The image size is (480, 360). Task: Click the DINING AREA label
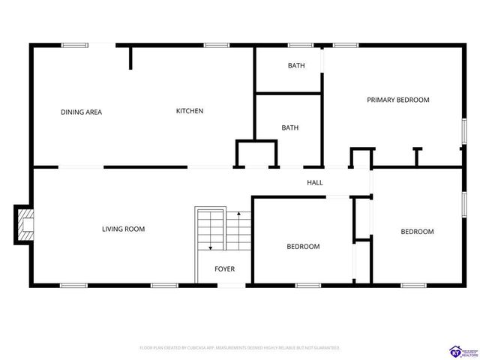tap(81, 112)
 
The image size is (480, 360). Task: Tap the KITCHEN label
tap(189, 111)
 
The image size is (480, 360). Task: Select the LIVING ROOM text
tap(123, 229)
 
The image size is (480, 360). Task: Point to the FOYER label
tap(224, 268)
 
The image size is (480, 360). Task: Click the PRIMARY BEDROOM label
tap(397, 100)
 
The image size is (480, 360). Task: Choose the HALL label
tap(314, 182)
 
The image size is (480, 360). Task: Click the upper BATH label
tap(296, 66)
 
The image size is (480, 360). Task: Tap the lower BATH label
tap(289, 127)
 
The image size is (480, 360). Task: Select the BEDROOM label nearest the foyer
tap(303, 246)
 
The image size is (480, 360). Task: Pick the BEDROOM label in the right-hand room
tap(417, 232)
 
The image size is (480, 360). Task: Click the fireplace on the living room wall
tap(25, 225)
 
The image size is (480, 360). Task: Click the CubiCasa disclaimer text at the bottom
tap(240, 348)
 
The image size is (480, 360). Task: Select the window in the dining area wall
tap(75, 46)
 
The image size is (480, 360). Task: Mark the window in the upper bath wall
tap(301, 46)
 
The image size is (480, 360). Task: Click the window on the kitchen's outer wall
tap(217, 46)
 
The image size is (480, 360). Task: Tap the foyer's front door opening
tap(231, 284)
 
